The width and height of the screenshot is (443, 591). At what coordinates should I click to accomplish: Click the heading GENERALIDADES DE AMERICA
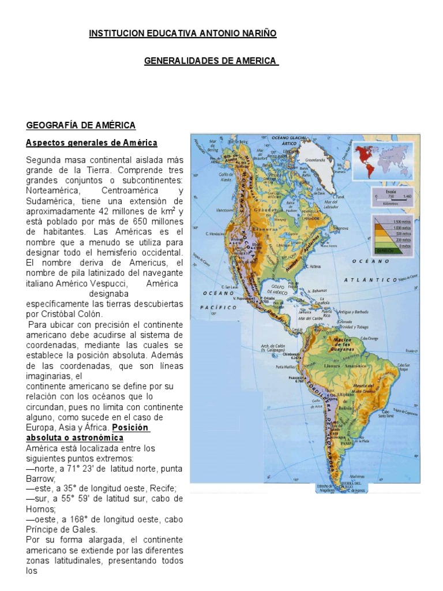click(x=211, y=62)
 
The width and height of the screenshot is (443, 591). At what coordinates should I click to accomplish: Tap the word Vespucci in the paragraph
click(x=107, y=284)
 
